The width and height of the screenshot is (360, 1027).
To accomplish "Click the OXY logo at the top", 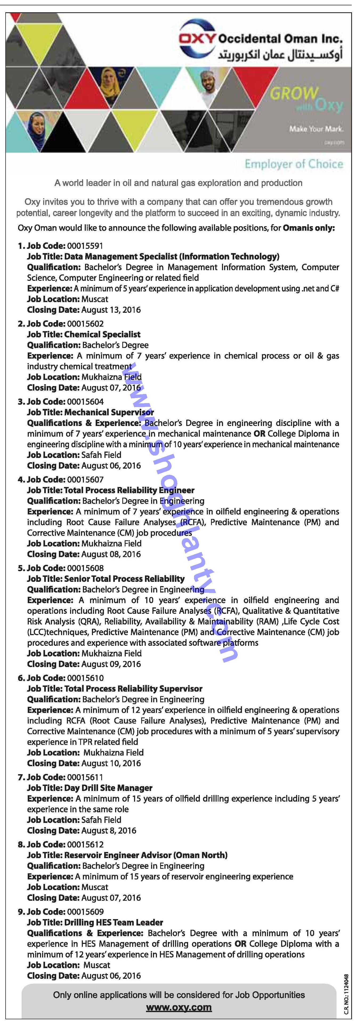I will click(x=197, y=39).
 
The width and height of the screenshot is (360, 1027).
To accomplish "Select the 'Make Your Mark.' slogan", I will click(x=316, y=129).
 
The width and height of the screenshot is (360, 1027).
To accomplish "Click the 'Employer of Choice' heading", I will click(x=294, y=164).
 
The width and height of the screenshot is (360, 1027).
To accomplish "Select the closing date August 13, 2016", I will click(x=111, y=310).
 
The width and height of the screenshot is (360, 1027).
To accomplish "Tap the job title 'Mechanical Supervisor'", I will click(x=109, y=412).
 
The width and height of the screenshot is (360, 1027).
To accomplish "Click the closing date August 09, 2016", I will click(x=111, y=664).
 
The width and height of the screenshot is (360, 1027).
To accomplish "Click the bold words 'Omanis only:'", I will click(x=309, y=228).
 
